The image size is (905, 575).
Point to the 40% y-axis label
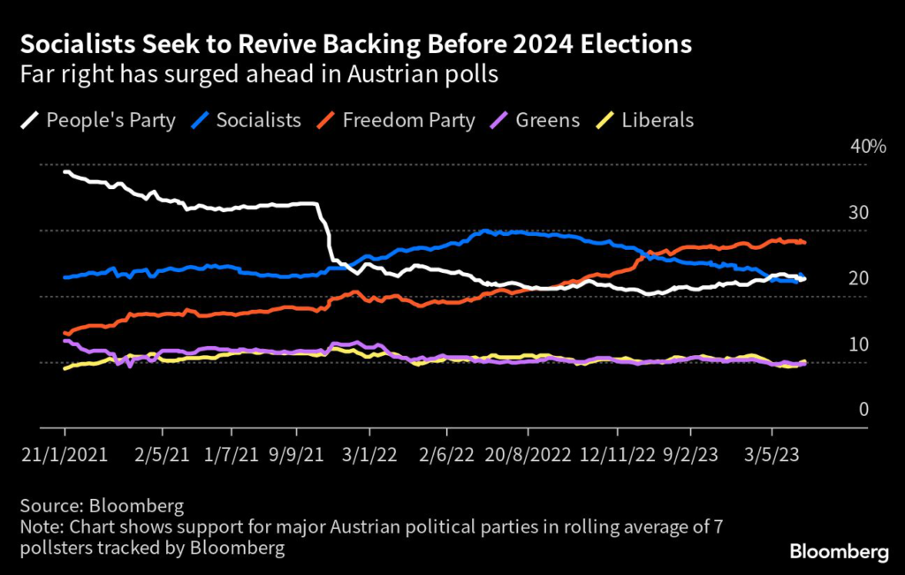coord(867,147)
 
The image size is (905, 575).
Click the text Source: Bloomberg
coord(102,506)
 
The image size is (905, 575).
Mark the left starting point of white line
coord(65,171)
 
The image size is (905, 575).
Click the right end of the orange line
coord(804,242)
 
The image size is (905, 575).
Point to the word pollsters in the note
coord(58,549)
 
